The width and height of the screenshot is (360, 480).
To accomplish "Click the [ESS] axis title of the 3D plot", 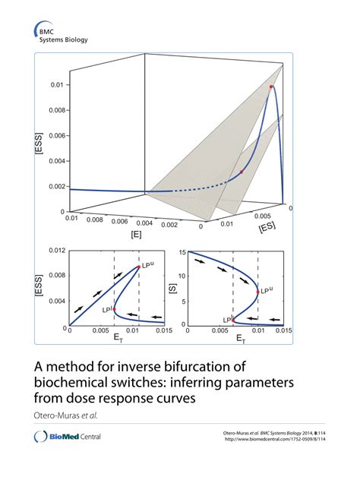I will pyautogui.click(x=37, y=143).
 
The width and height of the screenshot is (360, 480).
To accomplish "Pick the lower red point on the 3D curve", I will pyautogui.click(x=242, y=172).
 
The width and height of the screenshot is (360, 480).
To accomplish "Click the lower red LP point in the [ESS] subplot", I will pyautogui.click(x=114, y=308).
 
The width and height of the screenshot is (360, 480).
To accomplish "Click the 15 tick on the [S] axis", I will pyautogui.click(x=182, y=251).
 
